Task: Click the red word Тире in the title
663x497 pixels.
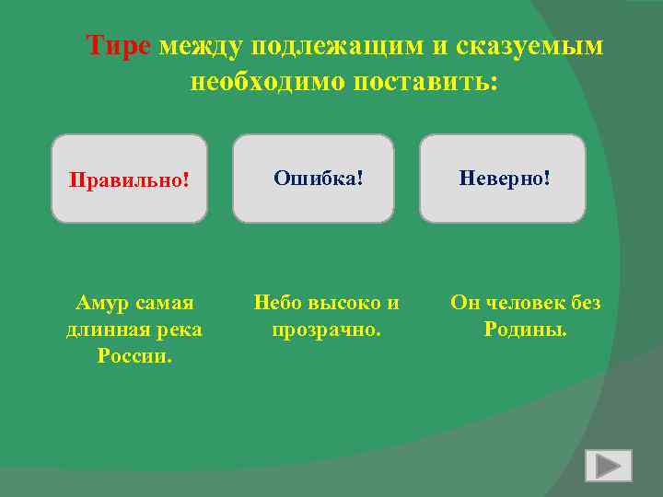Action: click(x=118, y=46)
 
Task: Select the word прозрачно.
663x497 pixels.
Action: click(x=326, y=329)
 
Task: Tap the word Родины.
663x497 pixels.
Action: click(x=526, y=329)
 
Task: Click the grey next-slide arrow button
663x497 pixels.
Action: click(x=609, y=466)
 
